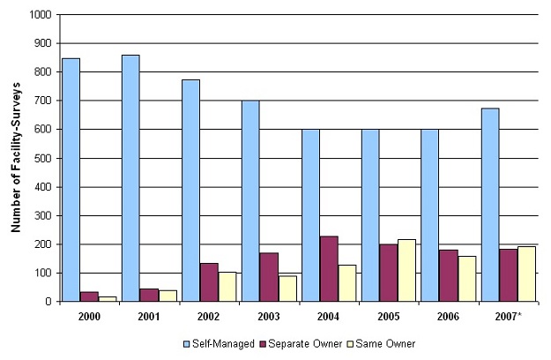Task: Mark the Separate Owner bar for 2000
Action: tap(90, 296)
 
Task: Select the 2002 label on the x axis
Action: tap(209, 316)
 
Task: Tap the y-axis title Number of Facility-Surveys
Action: tap(16, 159)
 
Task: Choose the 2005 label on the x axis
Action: tap(388, 316)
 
